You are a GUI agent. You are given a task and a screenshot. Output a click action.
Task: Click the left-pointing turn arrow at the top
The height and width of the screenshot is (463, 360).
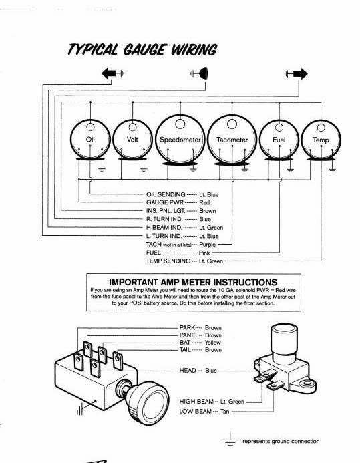coord(109,73)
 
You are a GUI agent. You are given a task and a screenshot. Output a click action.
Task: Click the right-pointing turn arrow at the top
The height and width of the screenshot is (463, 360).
coord(301,73)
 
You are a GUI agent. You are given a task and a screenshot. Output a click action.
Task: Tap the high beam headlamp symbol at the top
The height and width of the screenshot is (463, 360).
coord(203,73)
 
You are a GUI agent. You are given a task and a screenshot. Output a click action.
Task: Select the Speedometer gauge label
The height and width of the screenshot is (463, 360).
coord(180,140)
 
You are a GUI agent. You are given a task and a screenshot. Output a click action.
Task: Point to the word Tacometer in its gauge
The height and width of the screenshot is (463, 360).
coord(232,140)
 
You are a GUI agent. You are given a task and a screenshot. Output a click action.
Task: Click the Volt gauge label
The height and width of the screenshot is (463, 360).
coord(132,139)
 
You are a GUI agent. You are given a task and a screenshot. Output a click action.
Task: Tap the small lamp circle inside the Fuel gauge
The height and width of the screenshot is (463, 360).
coord(279,128)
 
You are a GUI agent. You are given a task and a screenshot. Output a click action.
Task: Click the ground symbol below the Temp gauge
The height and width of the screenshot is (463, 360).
coord(332,170)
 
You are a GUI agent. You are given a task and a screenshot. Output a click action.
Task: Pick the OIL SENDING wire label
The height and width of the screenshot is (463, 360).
coord(166,194)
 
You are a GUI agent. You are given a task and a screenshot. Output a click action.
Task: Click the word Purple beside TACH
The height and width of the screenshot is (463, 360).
coord(208,245)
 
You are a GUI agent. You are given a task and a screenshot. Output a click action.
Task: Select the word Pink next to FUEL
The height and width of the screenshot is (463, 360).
coord(204,253)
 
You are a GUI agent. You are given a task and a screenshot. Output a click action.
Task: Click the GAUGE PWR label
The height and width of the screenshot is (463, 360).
coord(165,202)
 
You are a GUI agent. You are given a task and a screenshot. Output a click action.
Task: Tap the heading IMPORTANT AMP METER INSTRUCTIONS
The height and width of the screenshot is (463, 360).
coord(193,282)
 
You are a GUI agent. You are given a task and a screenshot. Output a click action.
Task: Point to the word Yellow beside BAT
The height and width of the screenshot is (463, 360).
coord(213,343)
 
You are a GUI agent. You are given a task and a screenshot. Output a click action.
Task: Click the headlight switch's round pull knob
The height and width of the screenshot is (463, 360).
coord(148,403)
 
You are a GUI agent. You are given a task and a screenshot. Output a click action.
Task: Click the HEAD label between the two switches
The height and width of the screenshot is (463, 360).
coord(188,371)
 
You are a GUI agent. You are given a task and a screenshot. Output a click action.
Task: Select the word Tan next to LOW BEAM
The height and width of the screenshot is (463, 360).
coord(224,412)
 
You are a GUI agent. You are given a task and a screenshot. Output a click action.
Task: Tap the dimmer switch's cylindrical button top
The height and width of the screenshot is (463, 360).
coord(284,331)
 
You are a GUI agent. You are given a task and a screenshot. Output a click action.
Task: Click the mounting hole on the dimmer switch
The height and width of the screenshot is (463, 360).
coord(307,383)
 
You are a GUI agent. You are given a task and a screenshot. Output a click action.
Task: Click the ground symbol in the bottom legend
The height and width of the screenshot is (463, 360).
coord(230,439)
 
